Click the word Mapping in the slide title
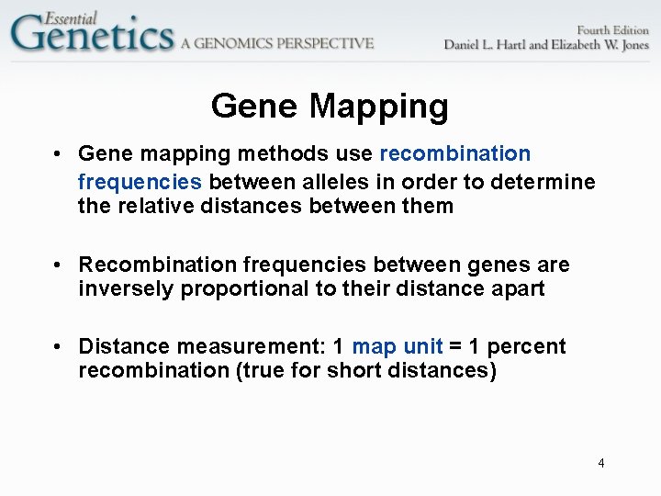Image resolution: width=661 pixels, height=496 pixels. click(378, 107)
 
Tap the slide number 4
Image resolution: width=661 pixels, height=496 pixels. click(601, 463)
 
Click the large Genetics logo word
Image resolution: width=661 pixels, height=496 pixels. click(92, 35)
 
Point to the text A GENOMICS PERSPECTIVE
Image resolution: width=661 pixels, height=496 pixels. click(277, 42)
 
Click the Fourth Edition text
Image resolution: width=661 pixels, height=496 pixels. click(599, 29)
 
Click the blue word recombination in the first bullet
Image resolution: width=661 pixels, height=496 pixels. click(454, 153)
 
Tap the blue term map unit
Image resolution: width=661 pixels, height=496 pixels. click(398, 346)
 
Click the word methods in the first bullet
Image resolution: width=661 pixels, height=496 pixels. click(270, 153)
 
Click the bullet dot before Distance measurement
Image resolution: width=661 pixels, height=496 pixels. click(58, 346)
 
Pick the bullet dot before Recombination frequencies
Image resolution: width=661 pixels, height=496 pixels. click(58, 265)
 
